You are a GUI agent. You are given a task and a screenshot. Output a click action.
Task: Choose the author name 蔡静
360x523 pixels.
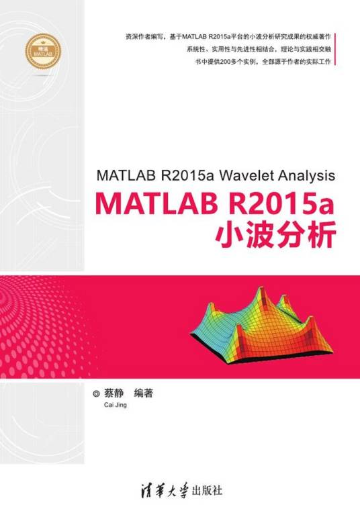click(116, 393)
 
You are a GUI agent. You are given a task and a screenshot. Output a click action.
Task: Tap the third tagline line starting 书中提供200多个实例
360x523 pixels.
click(259, 66)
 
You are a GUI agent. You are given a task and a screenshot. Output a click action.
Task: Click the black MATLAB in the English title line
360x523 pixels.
click(126, 177)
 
